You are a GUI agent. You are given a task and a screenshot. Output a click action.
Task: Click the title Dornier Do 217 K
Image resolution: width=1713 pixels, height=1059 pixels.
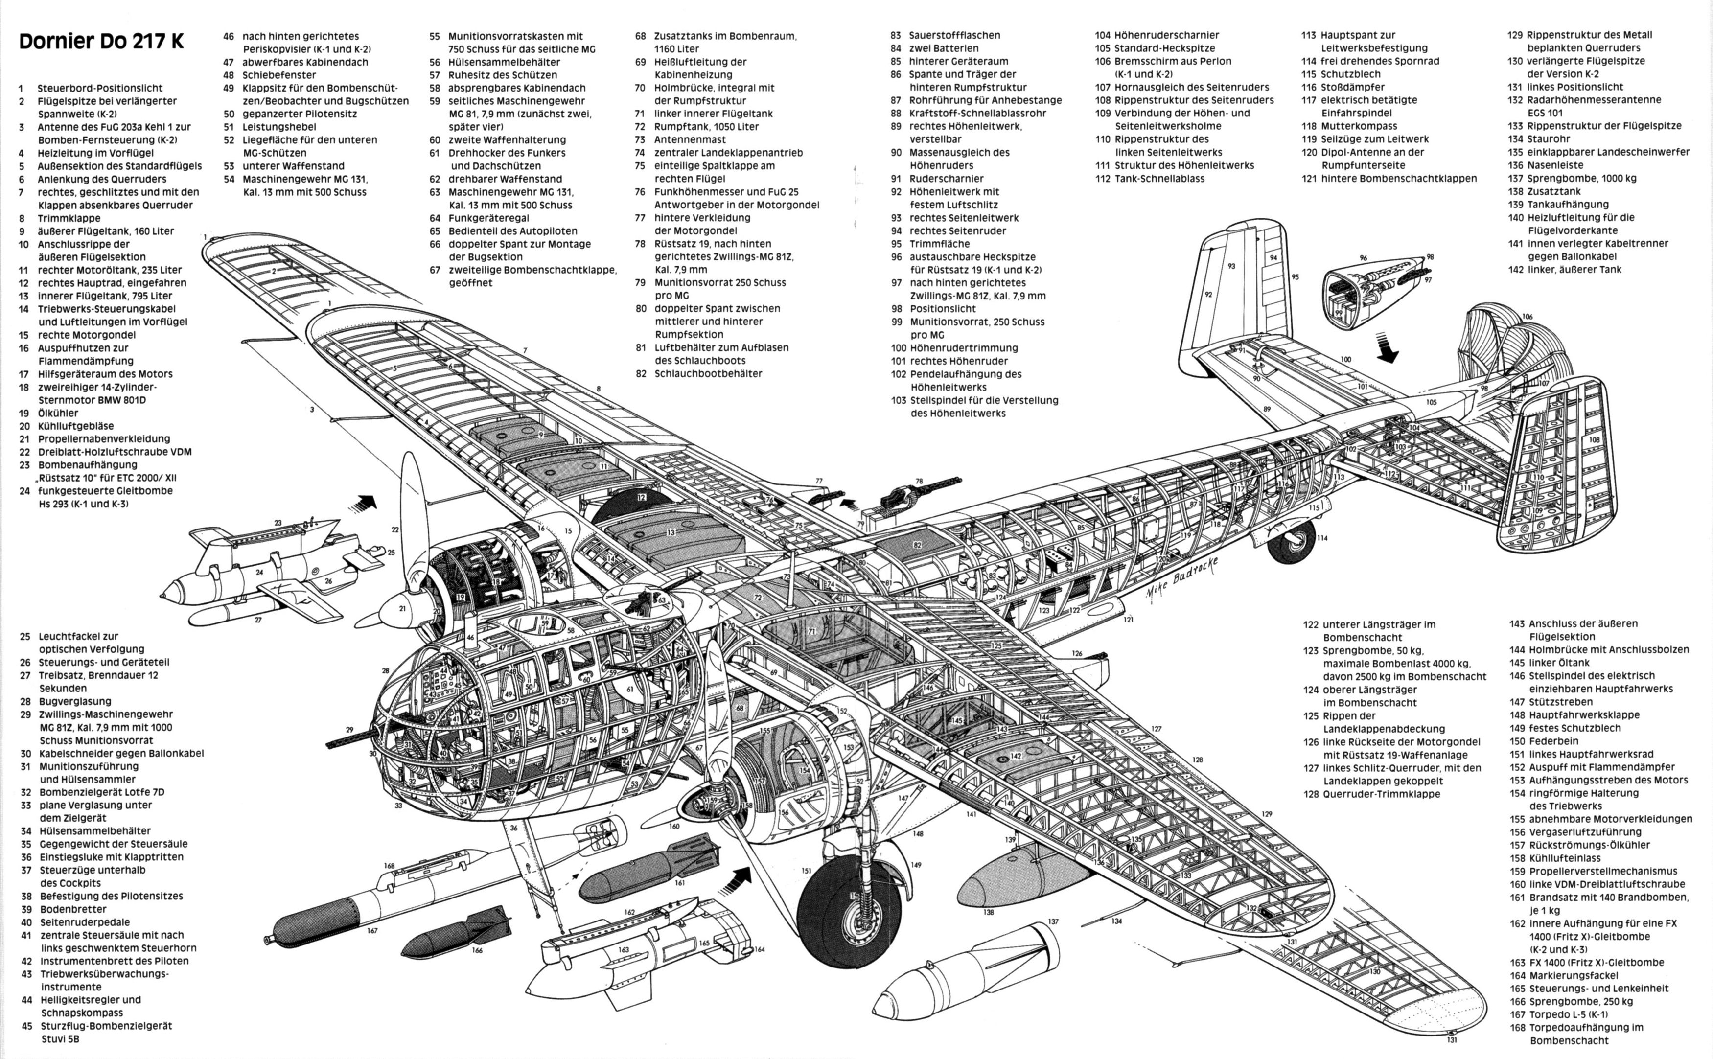pyautogui.click(x=101, y=41)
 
